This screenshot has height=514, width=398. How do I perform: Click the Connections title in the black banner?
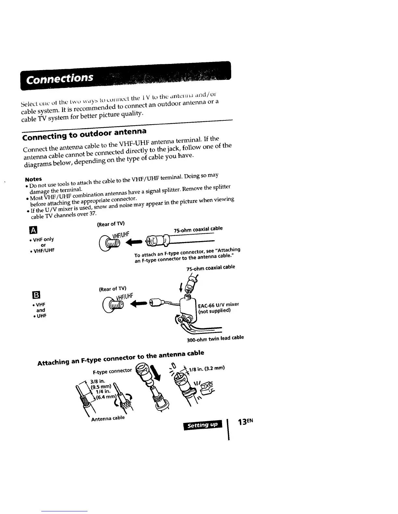pos(60,79)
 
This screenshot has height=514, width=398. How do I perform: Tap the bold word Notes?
pos(33,179)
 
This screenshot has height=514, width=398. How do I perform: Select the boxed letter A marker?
pos(34,231)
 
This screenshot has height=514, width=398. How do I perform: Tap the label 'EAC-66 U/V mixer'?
pos(219,305)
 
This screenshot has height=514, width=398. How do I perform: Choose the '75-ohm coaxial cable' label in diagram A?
pos(198,229)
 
